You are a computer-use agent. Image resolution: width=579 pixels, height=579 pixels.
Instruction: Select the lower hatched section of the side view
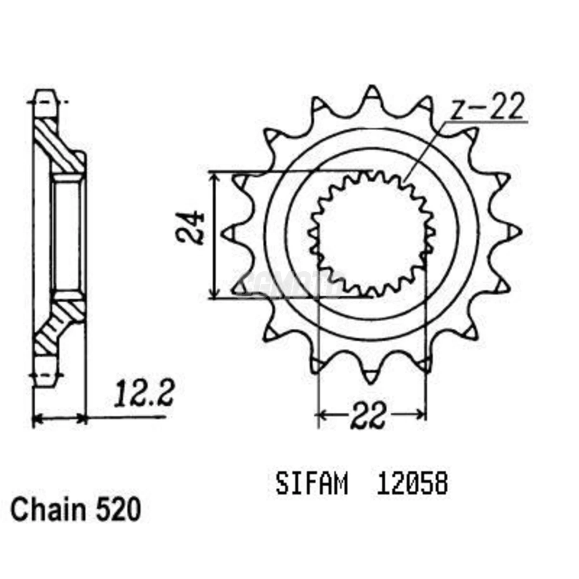click(x=59, y=325)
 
